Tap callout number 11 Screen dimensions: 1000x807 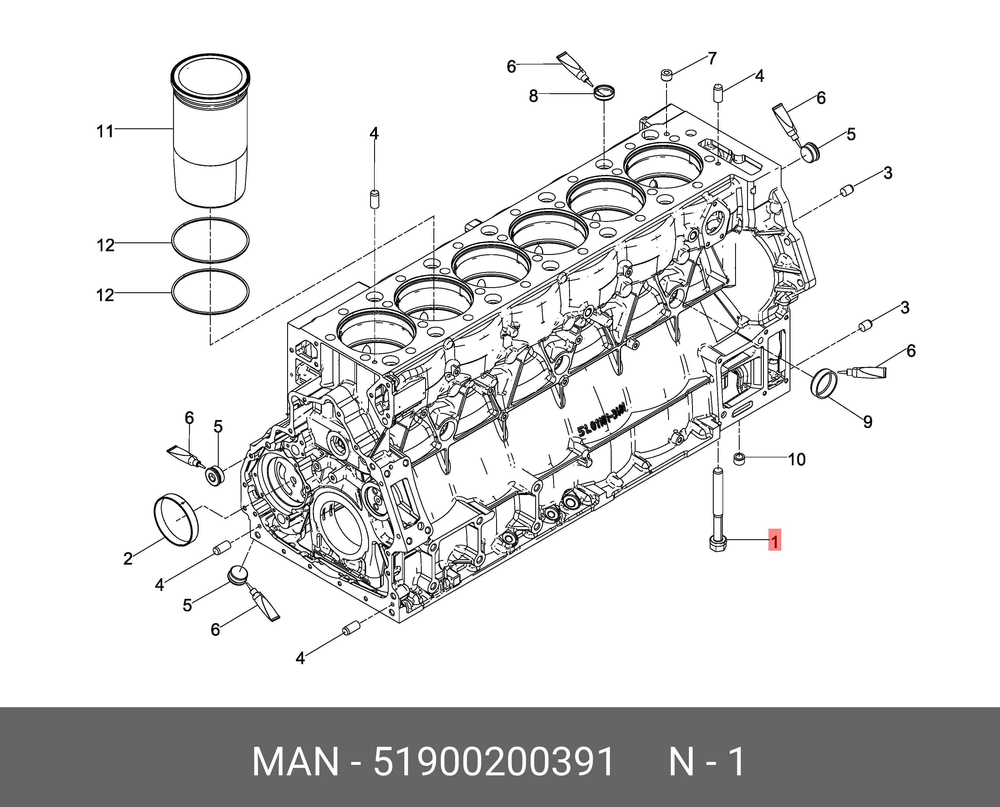tap(105, 131)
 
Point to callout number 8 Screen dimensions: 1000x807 tap(533, 96)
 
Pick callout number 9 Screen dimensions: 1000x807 tap(867, 422)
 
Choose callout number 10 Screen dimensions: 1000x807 tap(796, 459)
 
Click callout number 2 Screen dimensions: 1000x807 tap(128, 558)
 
